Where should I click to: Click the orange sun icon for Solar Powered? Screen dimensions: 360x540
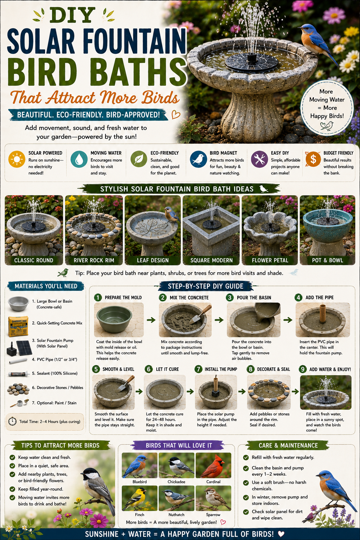click(x=17, y=159)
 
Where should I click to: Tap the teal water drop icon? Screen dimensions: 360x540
click(x=79, y=159)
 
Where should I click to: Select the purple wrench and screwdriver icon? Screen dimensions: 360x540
click(x=259, y=159)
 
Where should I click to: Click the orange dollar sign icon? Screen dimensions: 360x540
click(x=313, y=159)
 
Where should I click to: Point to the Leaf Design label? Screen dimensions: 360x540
click(x=153, y=261)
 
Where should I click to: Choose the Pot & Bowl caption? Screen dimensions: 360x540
click(x=327, y=261)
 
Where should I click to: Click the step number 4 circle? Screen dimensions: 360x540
click(x=298, y=297)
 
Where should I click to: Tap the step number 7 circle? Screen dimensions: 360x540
click(x=198, y=369)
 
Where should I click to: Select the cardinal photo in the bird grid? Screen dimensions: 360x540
click(x=213, y=465)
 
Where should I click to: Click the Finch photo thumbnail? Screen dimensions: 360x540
click(x=140, y=498)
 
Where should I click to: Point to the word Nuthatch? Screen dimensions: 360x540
click(x=176, y=514)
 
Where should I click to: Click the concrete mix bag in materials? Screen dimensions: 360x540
click(x=18, y=326)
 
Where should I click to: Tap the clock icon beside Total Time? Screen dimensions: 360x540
click(x=12, y=422)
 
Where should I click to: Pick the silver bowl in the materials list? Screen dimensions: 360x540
click(x=19, y=303)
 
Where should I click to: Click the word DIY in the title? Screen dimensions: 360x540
click(x=72, y=15)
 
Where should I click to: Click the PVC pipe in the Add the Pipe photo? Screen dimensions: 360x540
click(x=322, y=314)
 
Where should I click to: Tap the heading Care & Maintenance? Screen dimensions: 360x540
click(x=288, y=445)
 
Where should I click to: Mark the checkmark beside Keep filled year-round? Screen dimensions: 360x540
click(x=12, y=489)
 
